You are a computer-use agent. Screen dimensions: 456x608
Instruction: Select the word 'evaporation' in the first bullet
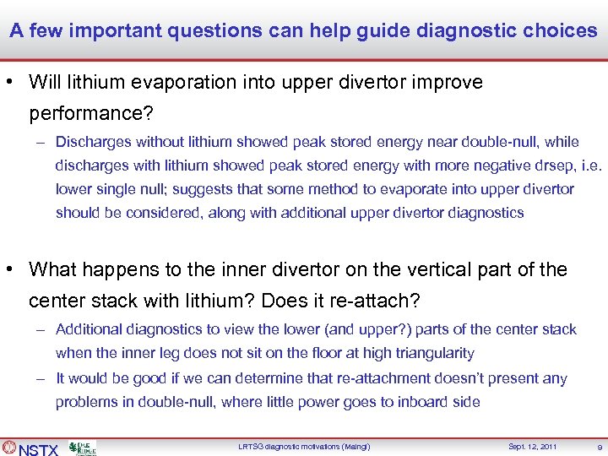click(193, 83)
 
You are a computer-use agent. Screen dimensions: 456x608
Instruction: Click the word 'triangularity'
click(429, 353)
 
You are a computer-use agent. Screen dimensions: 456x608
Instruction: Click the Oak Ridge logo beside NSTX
click(82, 448)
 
